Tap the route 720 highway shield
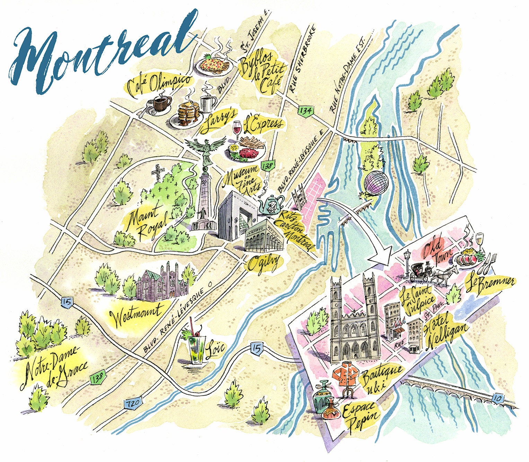coord(132,403)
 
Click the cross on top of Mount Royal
coord(159,172)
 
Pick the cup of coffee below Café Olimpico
coord(161,103)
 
